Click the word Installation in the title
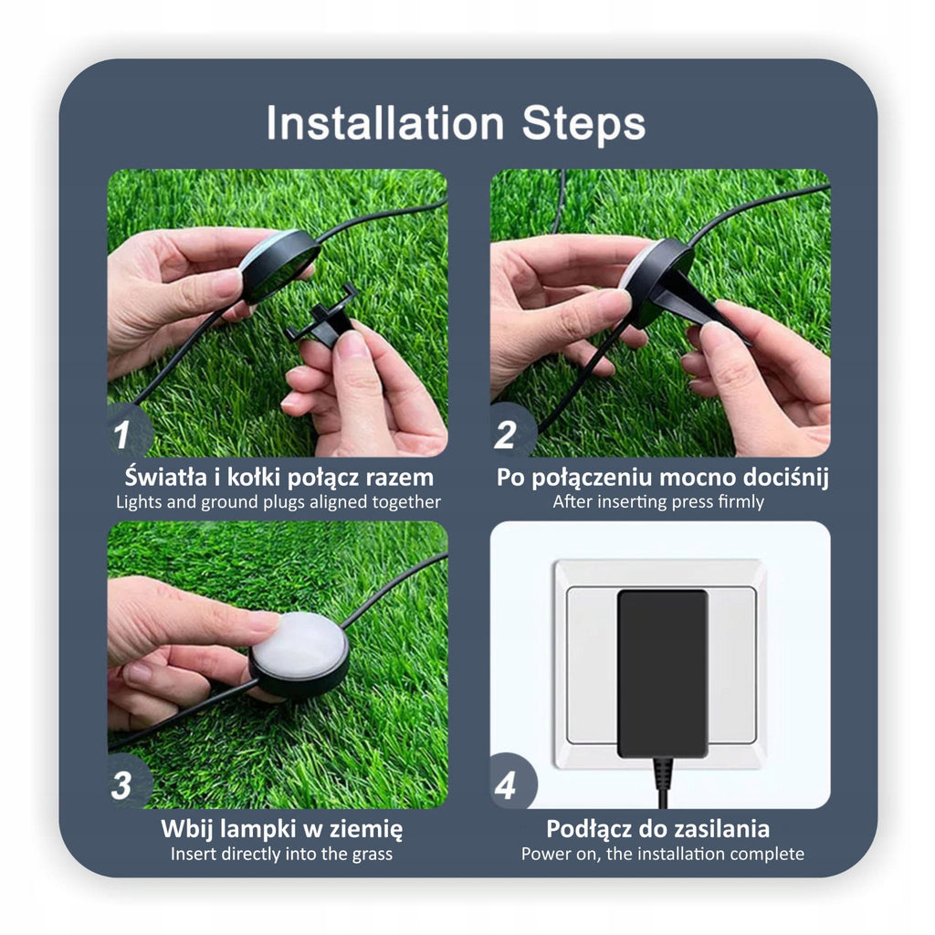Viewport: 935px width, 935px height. pos(385,123)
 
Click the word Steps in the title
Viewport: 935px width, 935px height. pos(583,123)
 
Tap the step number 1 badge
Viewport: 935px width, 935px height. pos(126,432)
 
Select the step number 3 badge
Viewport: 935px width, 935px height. pos(126,783)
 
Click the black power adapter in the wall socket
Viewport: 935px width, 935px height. pos(662,674)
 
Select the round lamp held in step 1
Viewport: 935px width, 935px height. pos(279,264)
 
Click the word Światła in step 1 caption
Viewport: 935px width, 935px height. pos(164,477)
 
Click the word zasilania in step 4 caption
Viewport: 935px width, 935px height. pos(721,829)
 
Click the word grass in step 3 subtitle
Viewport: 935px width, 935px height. pos(373,855)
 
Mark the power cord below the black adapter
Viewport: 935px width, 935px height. pos(663,783)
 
